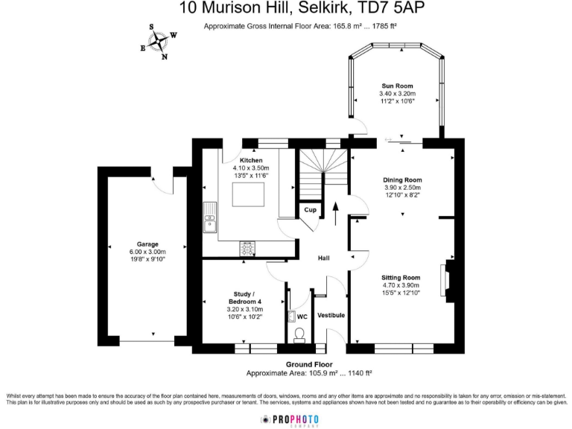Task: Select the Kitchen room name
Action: tap(251, 161)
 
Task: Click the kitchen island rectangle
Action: tap(249, 196)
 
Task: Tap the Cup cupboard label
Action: tap(309, 211)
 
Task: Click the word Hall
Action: tap(324, 258)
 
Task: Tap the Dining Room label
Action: tap(402, 180)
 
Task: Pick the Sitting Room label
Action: tap(401, 278)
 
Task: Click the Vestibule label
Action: tap(331, 316)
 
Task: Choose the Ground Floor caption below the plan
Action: tap(309, 365)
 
